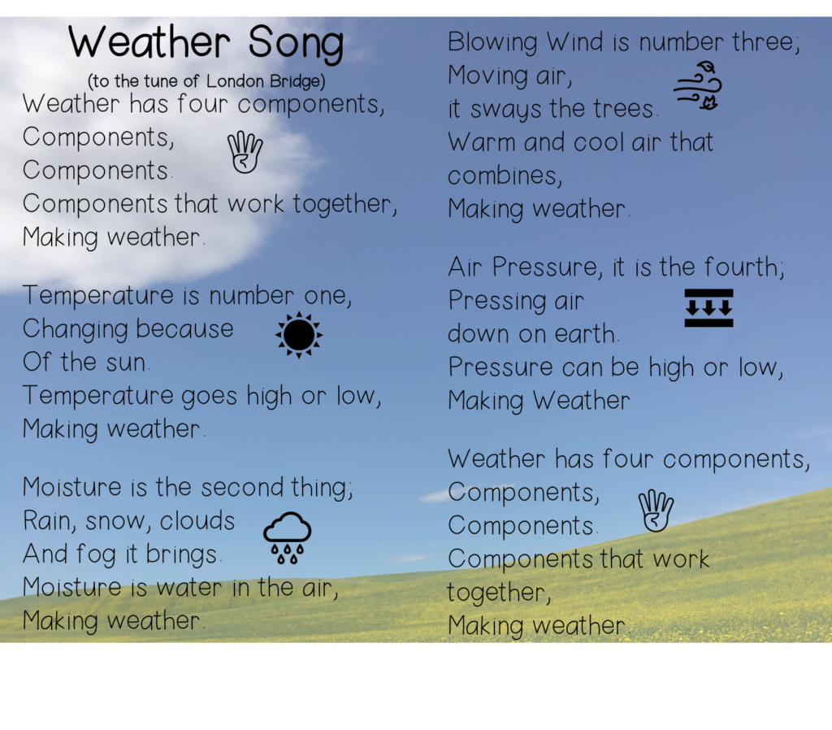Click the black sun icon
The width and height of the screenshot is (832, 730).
pyautogui.click(x=299, y=335)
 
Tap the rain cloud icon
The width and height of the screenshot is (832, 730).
pyautogui.click(x=287, y=538)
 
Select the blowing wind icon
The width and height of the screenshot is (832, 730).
pyautogui.click(x=698, y=86)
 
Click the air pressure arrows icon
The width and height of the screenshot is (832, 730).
pyautogui.click(x=708, y=308)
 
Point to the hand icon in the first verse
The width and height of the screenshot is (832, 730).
pyautogui.click(x=245, y=152)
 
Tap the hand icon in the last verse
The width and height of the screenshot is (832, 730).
pyautogui.click(x=656, y=511)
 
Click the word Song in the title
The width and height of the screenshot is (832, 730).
pyautogui.click(x=296, y=44)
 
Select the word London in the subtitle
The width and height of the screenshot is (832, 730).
pyautogui.click(x=235, y=81)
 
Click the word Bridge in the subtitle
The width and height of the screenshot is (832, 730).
pyautogui.click(x=295, y=81)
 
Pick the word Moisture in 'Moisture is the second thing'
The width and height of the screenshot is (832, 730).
pyautogui.click(x=72, y=487)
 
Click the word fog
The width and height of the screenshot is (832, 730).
pyautogui.click(x=96, y=554)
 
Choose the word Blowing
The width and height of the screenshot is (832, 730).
pyautogui.click(x=492, y=43)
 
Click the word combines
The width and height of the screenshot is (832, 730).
pyautogui.click(x=505, y=176)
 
